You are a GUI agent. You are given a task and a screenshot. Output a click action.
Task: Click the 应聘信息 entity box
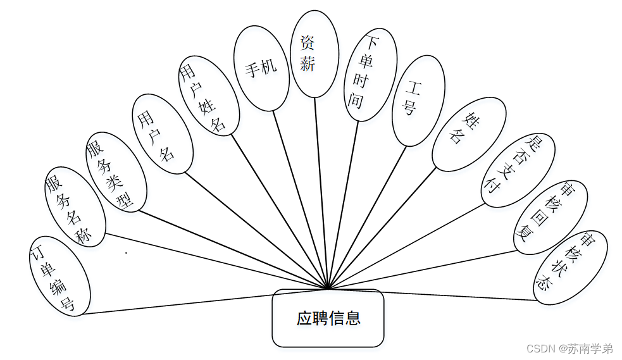[x=328, y=318]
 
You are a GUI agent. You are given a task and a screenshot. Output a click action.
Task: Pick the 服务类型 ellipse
[x=116, y=172]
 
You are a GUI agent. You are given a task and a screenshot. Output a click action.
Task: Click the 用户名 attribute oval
[x=162, y=134]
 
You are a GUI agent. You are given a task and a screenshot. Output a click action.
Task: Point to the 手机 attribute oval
[x=261, y=68]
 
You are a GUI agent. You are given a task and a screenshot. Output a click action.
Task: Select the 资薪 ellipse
[x=313, y=53]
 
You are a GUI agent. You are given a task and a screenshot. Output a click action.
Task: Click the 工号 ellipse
[x=418, y=101]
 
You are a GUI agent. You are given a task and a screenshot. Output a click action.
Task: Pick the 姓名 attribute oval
[x=468, y=133]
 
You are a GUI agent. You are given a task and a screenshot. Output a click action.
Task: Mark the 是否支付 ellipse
[x=517, y=170]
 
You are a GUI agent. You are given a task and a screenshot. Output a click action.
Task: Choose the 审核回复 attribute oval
[x=549, y=218]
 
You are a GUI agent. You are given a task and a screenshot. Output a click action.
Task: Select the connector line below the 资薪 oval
[x=320, y=190]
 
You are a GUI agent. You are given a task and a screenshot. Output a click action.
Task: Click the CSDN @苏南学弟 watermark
[x=569, y=348]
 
